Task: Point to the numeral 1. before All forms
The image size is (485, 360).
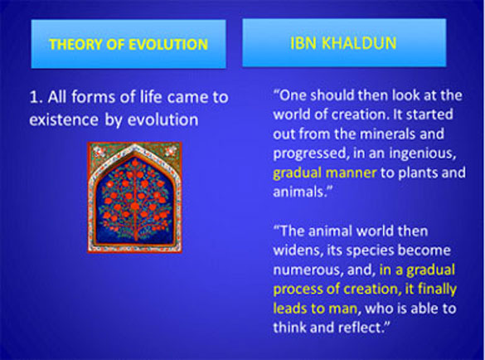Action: (36, 97)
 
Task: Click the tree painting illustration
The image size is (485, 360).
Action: (134, 197)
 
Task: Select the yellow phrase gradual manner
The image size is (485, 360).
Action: (325, 173)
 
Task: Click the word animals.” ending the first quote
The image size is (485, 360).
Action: (303, 192)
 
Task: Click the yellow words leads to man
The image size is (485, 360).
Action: (315, 309)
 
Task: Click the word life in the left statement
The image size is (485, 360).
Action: (150, 97)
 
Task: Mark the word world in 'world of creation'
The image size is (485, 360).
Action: (291, 114)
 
